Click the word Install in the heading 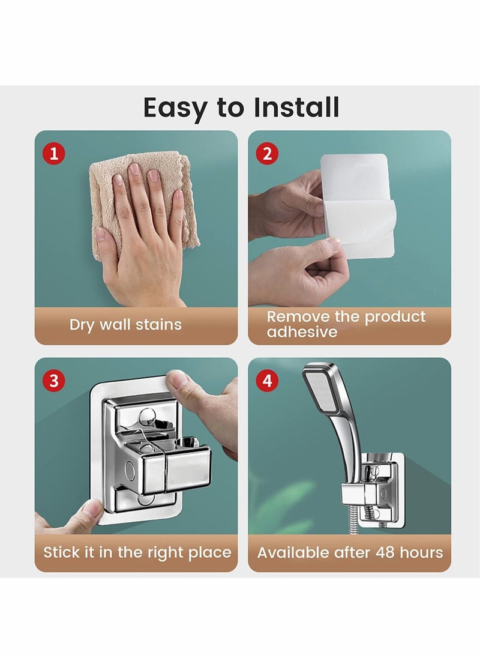pyautogui.click(x=296, y=107)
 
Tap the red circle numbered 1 pyautogui.click(x=55, y=153)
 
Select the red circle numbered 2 pyautogui.click(x=268, y=153)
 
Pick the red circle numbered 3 pyautogui.click(x=55, y=381)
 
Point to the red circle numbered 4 pyautogui.click(x=268, y=381)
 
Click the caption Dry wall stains pyautogui.click(x=125, y=325)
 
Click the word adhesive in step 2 pyautogui.click(x=302, y=332)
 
